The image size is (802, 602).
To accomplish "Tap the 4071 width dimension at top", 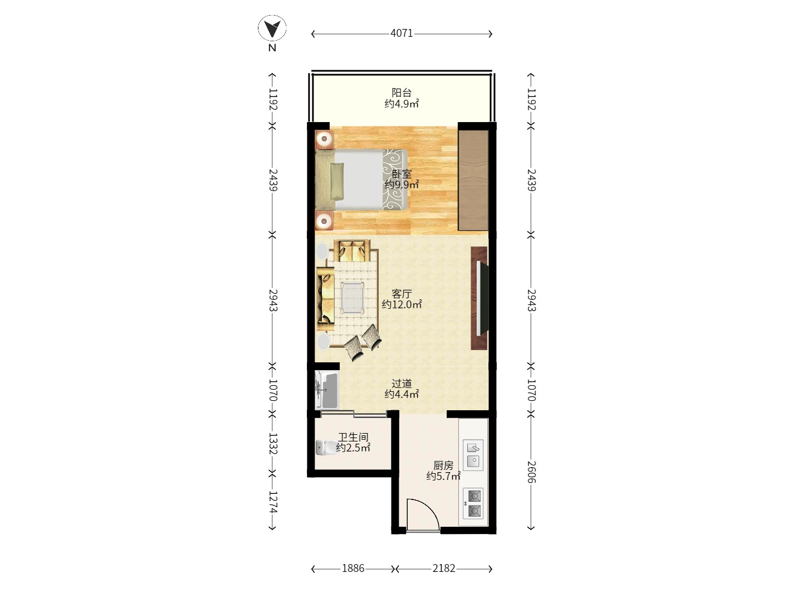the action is [402, 33].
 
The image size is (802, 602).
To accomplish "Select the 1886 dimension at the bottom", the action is [353, 569].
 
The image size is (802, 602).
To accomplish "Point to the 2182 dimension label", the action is [444, 569].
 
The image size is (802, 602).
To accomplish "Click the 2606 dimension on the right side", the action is [531, 472].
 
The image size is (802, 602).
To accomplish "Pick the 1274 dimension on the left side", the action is [272, 502].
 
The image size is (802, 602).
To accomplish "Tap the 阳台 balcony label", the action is [402, 93].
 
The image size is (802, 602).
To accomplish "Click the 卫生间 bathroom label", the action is [353, 437].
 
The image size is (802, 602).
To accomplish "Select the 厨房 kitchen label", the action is [443, 465].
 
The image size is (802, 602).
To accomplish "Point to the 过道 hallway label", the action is [402, 383].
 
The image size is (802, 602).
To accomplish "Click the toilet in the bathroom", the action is [326, 448].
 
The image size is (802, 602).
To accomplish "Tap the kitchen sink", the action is [473, 455].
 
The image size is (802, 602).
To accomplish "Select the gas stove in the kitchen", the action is [473, 503].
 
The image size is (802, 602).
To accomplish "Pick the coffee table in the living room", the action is [353, 297].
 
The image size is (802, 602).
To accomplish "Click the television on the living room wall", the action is [482, 298].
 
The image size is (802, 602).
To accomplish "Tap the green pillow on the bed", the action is [337, 181].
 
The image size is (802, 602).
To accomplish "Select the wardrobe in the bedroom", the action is [473, 180].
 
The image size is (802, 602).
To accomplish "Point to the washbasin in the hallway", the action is [326, 390].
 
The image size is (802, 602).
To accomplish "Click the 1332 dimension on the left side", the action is [272, 444].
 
